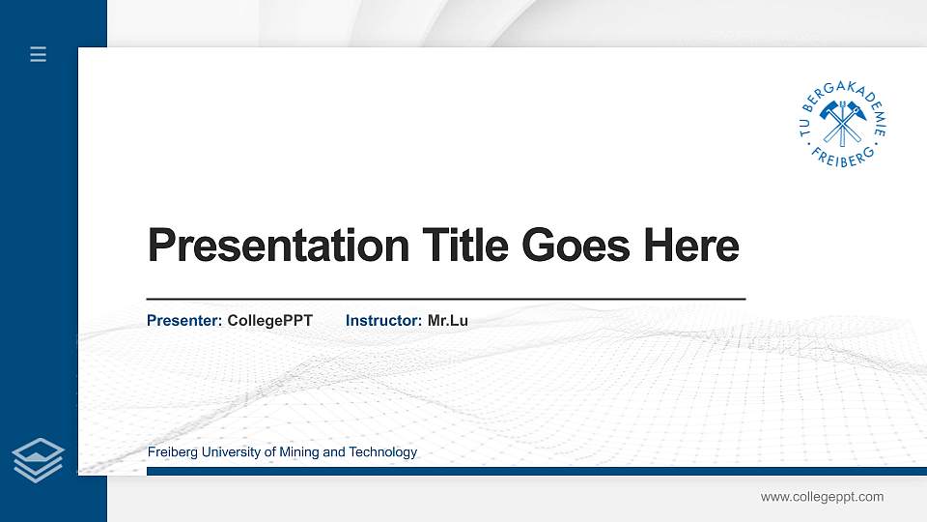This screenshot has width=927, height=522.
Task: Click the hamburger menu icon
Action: coord(39,55)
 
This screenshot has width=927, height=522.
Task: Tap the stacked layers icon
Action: coord(39,459)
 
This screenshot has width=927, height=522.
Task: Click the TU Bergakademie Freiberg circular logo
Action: coord(843,124)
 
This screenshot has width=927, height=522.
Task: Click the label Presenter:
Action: coord(184,320)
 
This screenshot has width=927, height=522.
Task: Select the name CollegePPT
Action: coord(269,320)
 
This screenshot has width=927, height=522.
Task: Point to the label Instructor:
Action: coord(383,320)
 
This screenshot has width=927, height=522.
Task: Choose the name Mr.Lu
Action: coord(447,320)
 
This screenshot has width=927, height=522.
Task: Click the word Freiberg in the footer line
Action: coord(172,452)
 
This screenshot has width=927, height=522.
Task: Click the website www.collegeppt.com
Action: coord(822,497)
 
